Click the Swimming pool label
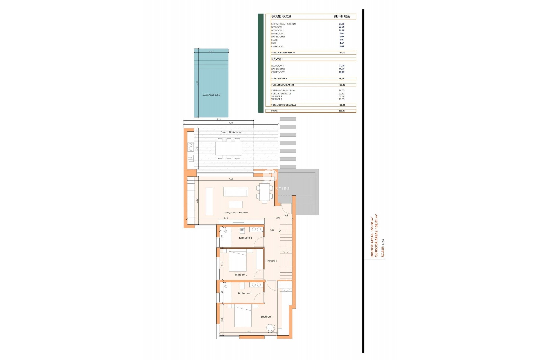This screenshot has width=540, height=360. click(211, 95)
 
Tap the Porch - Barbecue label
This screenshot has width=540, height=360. click(231, 132)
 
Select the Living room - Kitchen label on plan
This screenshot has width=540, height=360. click(236, 212)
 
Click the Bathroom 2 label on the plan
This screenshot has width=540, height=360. click(245, 238)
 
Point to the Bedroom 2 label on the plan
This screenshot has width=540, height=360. click(241, 274)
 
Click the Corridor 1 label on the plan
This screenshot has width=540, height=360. click(271, 261)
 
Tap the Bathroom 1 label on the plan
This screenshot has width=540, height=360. click(245, 293)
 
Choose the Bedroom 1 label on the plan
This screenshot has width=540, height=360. click(267, 316)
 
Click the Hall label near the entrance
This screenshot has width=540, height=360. click(286, 215)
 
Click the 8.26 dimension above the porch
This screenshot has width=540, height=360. click(231, 123)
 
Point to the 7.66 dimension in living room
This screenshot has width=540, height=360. click(231, 179)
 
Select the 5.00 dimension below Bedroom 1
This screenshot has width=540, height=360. click(248, 332)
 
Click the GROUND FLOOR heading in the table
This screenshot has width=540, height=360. click(281, 17)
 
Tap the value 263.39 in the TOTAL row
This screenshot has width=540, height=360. click(342, 111)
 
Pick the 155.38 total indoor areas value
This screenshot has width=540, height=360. click(342, 85)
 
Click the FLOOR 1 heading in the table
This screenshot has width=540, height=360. click(277, 59)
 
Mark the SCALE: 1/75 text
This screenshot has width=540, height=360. click(382, 248)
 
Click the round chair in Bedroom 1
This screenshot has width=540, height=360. click(270, 328)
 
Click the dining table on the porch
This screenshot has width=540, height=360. click(229, 148)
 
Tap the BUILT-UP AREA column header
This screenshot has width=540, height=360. click(342, 17)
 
